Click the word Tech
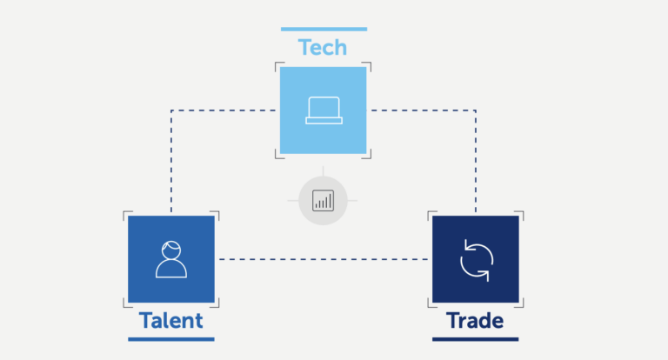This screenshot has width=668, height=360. click(323, 47)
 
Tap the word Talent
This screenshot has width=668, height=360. click(170, 320)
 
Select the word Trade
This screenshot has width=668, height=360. click(475, 320)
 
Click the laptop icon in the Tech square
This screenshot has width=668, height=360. click(324, 110)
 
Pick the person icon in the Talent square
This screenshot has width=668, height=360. click(171, 259)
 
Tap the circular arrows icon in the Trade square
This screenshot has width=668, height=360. click(477, 260)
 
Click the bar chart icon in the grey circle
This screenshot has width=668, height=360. click(323, 200)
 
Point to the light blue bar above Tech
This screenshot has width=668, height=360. click(324, 29)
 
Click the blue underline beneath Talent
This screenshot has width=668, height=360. click(171, 339)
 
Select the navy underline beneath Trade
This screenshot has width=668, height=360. click(476, 339)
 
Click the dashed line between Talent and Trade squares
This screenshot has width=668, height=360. click(324, 259)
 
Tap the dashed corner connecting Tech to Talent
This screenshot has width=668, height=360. click(171, 110)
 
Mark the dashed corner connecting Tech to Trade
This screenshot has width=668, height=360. click(476, 110)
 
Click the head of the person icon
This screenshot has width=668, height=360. click(171, 250)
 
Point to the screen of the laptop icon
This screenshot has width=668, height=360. click(324, 107)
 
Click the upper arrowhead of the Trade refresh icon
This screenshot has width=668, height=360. click(467, 245)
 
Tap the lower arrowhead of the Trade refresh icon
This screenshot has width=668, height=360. click(485, 275)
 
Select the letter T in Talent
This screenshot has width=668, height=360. click(146, 321)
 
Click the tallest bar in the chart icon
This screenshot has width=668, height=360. click(331, 201)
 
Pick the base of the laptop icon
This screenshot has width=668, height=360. click(324, 121)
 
